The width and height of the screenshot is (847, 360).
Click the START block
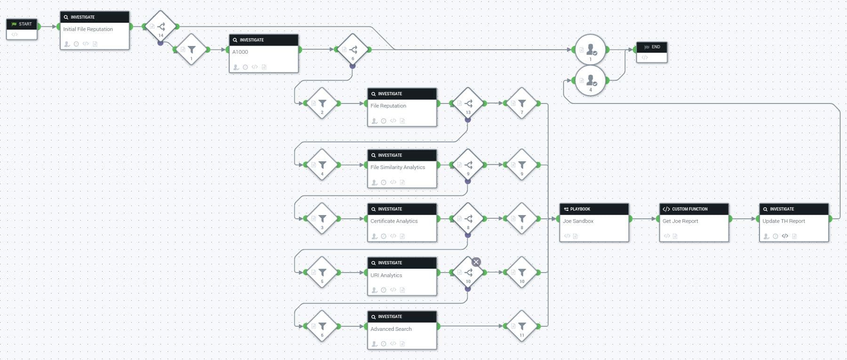(22, 29)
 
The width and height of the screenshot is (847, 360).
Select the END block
(651, 52)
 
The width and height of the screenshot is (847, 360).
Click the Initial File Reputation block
(95, 30)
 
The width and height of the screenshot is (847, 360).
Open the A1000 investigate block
(264, 53)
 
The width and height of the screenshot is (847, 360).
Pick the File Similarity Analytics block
(402, 168)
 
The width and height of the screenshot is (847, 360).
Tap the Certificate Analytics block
(402, 222)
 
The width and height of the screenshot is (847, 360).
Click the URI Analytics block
(402, 276)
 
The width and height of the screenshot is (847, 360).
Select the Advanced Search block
(402, 329)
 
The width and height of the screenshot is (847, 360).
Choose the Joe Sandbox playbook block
(594, 222)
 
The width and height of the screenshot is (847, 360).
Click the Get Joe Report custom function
(694, 222)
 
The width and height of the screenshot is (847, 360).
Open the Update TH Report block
(794, 222)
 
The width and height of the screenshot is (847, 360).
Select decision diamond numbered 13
(468, 104)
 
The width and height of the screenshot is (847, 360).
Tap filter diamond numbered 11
(521, 326)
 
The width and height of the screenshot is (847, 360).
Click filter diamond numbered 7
(521, 104)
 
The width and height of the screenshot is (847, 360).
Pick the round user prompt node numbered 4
(590, 81)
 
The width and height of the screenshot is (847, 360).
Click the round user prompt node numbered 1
(590, 49)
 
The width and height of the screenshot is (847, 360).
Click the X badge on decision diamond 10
(476, 262)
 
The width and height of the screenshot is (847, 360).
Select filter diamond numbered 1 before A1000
(192, 50)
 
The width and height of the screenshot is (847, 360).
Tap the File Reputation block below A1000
(402, 107)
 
